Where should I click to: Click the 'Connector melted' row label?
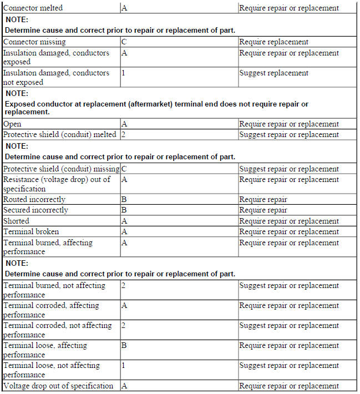(x=33, y=8)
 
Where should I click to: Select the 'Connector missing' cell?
(x=34, y=42)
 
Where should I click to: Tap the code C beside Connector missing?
(x=124, y=42)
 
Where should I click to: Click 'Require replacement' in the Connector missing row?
(x=274, y=42)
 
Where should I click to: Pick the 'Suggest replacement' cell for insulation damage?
(x=274, y=73)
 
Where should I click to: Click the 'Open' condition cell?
(x=12, y=124)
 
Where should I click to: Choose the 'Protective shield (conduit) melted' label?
(x=60, y=134)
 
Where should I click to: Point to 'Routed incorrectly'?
(x=34, y=199)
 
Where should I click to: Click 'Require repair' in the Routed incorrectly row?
(x=263, y=199)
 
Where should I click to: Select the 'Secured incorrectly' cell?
(x=36, y=210)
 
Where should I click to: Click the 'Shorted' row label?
(x=17, y=221)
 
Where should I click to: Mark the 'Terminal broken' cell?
(x=31, y=231)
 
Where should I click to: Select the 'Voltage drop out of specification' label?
(x=58, y=386)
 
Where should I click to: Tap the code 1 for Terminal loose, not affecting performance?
(x=123, y=365)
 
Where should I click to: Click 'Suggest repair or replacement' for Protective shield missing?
(x=289, y=169)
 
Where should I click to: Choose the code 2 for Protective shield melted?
(x=123, y=134)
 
